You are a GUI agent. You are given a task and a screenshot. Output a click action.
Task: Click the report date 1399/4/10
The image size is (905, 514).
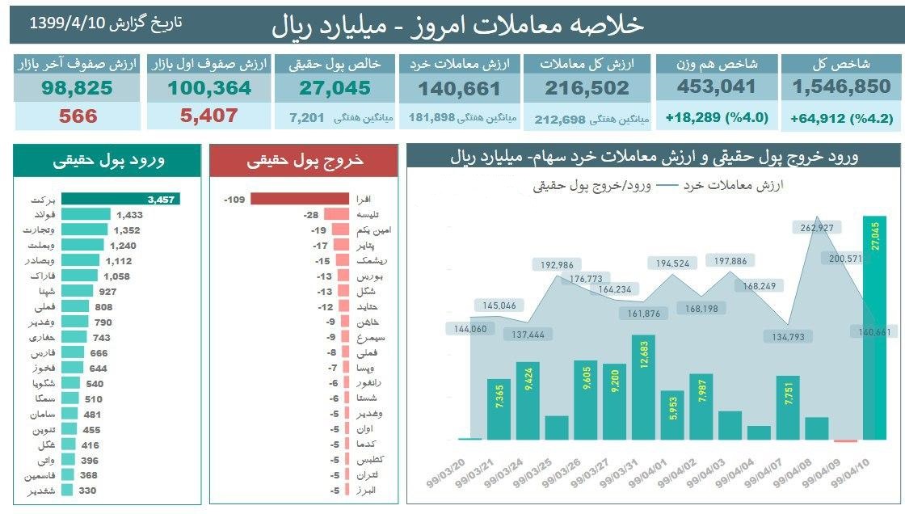[x=68, y=23]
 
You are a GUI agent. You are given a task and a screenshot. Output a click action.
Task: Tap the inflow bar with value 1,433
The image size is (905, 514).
[x=86, y=214]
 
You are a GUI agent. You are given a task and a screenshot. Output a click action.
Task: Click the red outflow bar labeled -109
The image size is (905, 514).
[x=297, y=199]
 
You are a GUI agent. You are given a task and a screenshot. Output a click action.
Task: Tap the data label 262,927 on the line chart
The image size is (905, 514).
[x=816, y=228]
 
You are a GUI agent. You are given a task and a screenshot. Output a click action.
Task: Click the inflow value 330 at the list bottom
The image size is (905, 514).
[x=87, y=491]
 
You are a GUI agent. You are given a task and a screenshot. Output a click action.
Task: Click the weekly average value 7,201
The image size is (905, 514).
[x=307, y=118]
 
